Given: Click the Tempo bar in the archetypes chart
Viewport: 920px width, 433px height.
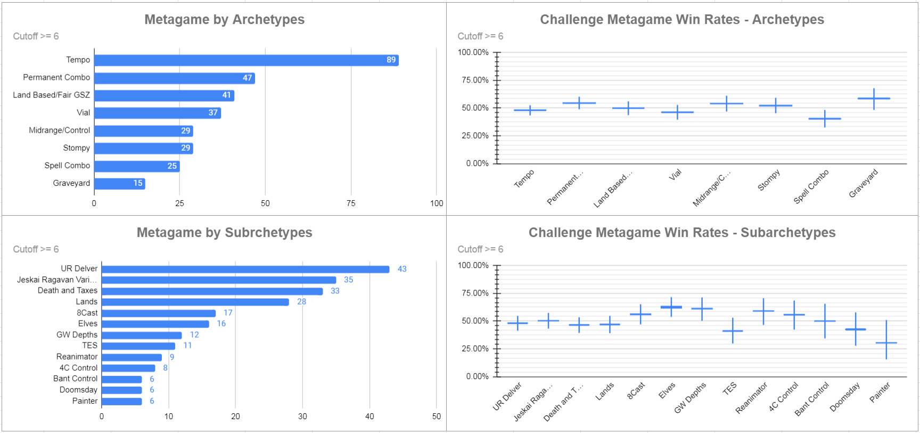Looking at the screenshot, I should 246,60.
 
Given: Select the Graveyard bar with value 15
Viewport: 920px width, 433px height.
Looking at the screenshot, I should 119,183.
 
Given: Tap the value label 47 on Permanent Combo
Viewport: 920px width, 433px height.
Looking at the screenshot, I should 247,78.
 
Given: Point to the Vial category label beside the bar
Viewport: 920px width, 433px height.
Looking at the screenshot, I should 83,112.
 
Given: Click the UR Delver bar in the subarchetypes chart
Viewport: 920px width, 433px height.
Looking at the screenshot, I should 245,269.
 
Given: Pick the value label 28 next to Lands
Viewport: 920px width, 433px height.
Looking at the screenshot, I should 301,301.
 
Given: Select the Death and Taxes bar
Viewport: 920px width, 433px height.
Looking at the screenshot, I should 212,291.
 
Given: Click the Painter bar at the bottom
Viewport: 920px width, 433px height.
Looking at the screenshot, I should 121,401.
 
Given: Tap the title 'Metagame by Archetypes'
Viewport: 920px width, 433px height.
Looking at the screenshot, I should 224,20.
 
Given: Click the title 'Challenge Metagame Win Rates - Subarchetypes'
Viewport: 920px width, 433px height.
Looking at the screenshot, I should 681,233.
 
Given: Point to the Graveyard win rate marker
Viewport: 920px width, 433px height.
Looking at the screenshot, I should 874,99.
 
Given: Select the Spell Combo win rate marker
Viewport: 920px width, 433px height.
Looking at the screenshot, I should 825,118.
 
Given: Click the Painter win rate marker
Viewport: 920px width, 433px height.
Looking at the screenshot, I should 886,342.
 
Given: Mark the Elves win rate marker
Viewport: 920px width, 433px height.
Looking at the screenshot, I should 671,307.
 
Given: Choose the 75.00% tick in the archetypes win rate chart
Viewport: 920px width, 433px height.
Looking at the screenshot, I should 475,80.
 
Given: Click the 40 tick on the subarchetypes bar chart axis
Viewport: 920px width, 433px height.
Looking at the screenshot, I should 369,416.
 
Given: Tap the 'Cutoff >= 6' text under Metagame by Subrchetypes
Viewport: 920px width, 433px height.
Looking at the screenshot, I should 36,249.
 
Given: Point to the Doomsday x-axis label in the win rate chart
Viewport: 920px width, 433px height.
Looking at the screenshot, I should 845,397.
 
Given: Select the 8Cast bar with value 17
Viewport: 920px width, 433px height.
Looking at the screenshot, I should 159,313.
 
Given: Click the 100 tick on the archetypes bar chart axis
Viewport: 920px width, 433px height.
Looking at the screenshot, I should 437,203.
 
